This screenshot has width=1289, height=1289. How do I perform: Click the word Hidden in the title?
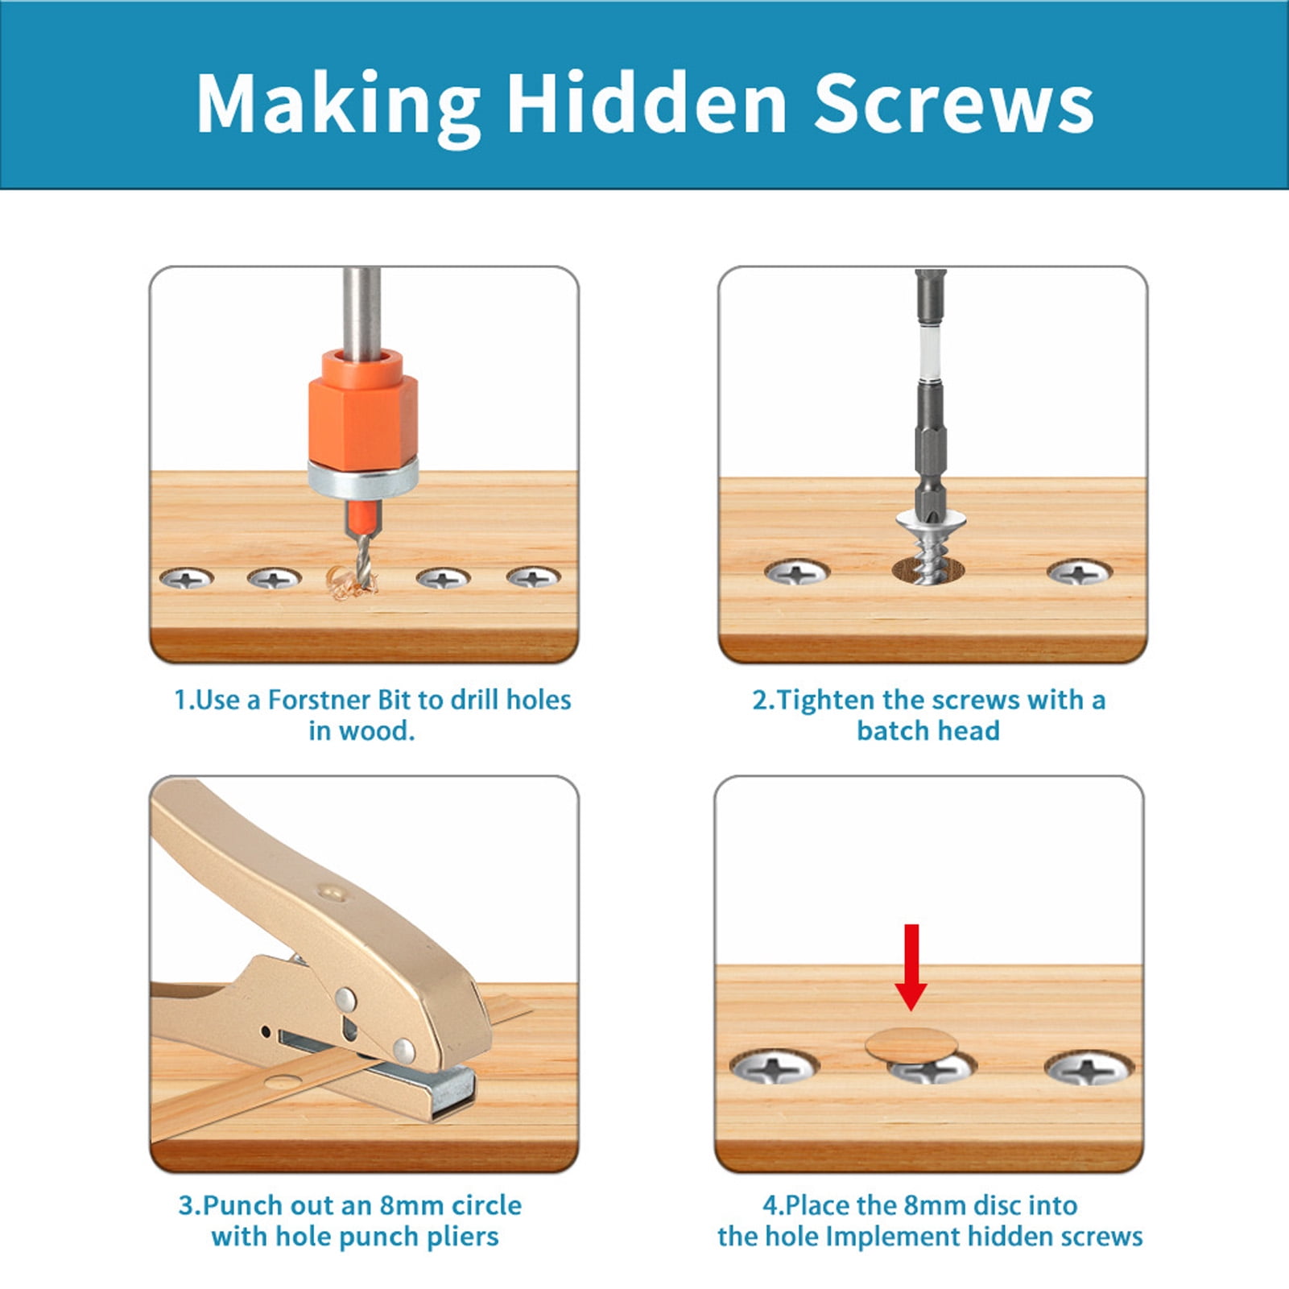pos(647,102)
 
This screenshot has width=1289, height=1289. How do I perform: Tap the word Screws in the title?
pos(953,102)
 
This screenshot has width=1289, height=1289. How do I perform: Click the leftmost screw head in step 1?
pos(187,577)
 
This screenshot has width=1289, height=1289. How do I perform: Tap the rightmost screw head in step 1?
pos(533,576)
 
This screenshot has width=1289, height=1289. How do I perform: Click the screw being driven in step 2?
pos(930,545)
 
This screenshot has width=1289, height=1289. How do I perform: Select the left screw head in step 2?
pos(797,572)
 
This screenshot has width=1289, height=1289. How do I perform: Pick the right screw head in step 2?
pos(1080,572)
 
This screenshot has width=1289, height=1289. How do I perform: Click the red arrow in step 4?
pos(911,967)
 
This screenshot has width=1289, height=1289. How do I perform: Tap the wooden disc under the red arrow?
pos(911,1045)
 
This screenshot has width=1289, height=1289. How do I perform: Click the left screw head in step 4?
pos(774,1068)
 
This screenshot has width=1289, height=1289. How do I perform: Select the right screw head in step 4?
pos(1089,1068)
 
